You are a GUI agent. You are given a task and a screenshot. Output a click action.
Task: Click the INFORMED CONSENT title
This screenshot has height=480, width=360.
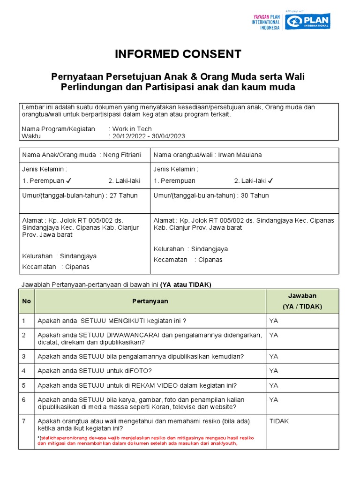(x=178, y=54)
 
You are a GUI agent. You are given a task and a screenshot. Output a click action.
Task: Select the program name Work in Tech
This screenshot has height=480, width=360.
(x=132, y=129)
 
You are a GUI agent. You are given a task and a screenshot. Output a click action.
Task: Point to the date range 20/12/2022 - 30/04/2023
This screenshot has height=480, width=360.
(x=148, y=136)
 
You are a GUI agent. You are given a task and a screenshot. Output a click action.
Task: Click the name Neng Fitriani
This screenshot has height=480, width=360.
(x=122, y=155)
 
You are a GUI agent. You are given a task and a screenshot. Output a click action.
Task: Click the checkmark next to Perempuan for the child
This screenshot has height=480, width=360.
(x=69, y=180)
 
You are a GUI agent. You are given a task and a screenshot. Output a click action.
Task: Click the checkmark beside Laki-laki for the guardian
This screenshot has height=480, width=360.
(x=270, y=180)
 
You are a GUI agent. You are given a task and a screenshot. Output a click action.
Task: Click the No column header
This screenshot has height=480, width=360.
(x=26, y=301)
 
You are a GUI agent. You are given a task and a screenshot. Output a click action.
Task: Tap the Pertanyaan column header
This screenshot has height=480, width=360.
(x=150, y=301)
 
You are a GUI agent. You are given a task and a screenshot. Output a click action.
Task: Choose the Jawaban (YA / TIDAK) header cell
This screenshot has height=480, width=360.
(x=302, y=301)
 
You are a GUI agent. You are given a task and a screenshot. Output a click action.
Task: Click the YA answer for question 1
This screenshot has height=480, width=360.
(x=274, y=321)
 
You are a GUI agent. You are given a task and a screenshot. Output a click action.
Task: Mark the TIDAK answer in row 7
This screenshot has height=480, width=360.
(x=279, y=421)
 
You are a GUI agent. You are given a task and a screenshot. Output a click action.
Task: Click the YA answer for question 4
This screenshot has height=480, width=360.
(x=274, y=371)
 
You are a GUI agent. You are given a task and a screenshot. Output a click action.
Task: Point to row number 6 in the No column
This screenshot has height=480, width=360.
(x=24, y=400)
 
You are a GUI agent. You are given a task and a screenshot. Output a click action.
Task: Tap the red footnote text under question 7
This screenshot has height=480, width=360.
(x=145, y=441)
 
